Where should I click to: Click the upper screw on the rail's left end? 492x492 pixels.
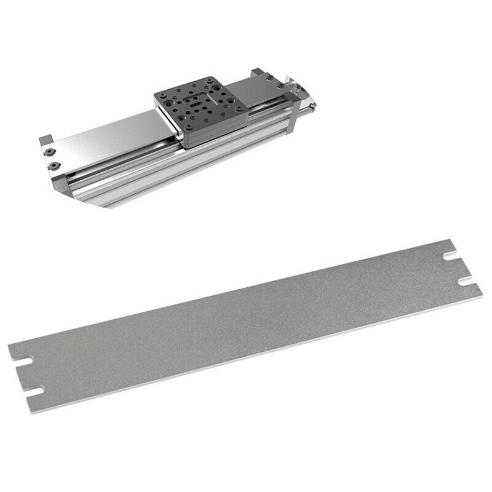click(49, 150)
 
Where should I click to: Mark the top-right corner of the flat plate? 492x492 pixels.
click(454, 240)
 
